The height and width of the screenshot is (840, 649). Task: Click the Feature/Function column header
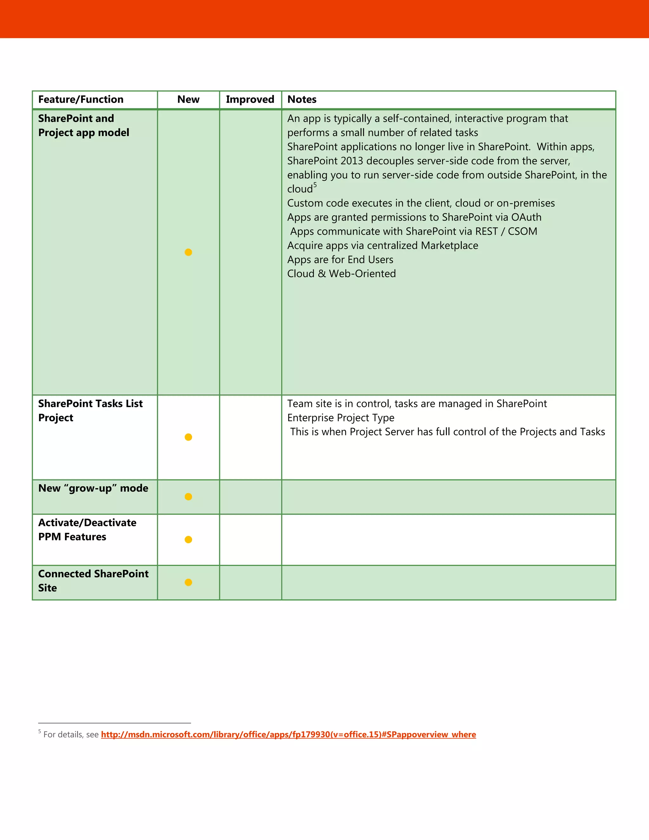[x=81, y=100]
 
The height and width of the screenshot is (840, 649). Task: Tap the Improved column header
[x=250, y=100]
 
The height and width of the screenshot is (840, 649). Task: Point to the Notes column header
[x=302, y=100]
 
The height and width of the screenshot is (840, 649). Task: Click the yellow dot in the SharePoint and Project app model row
[x=189, y=252]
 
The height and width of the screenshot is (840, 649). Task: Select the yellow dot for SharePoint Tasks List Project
[x=189, y=437]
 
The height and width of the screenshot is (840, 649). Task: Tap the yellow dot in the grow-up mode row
[x=189, y=497]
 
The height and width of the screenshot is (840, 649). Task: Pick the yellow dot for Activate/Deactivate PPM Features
[x=189, y=540]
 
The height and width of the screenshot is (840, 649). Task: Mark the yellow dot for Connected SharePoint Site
[x=189, y=582]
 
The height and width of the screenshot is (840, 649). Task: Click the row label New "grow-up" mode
[x=93, y=488]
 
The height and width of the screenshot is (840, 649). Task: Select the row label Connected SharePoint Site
[x=93, y=581]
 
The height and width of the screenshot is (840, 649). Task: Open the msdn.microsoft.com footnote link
[x=288, y=735]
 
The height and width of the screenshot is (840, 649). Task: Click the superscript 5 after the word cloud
[x=315, y=185]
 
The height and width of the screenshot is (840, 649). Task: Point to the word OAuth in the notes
[x=526, y=217]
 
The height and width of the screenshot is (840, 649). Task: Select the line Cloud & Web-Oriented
[x=341, y=274]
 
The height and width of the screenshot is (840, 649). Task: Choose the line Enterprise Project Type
[x=341, y=418]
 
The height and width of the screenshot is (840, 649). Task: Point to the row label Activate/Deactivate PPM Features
[x=87, y=530]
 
